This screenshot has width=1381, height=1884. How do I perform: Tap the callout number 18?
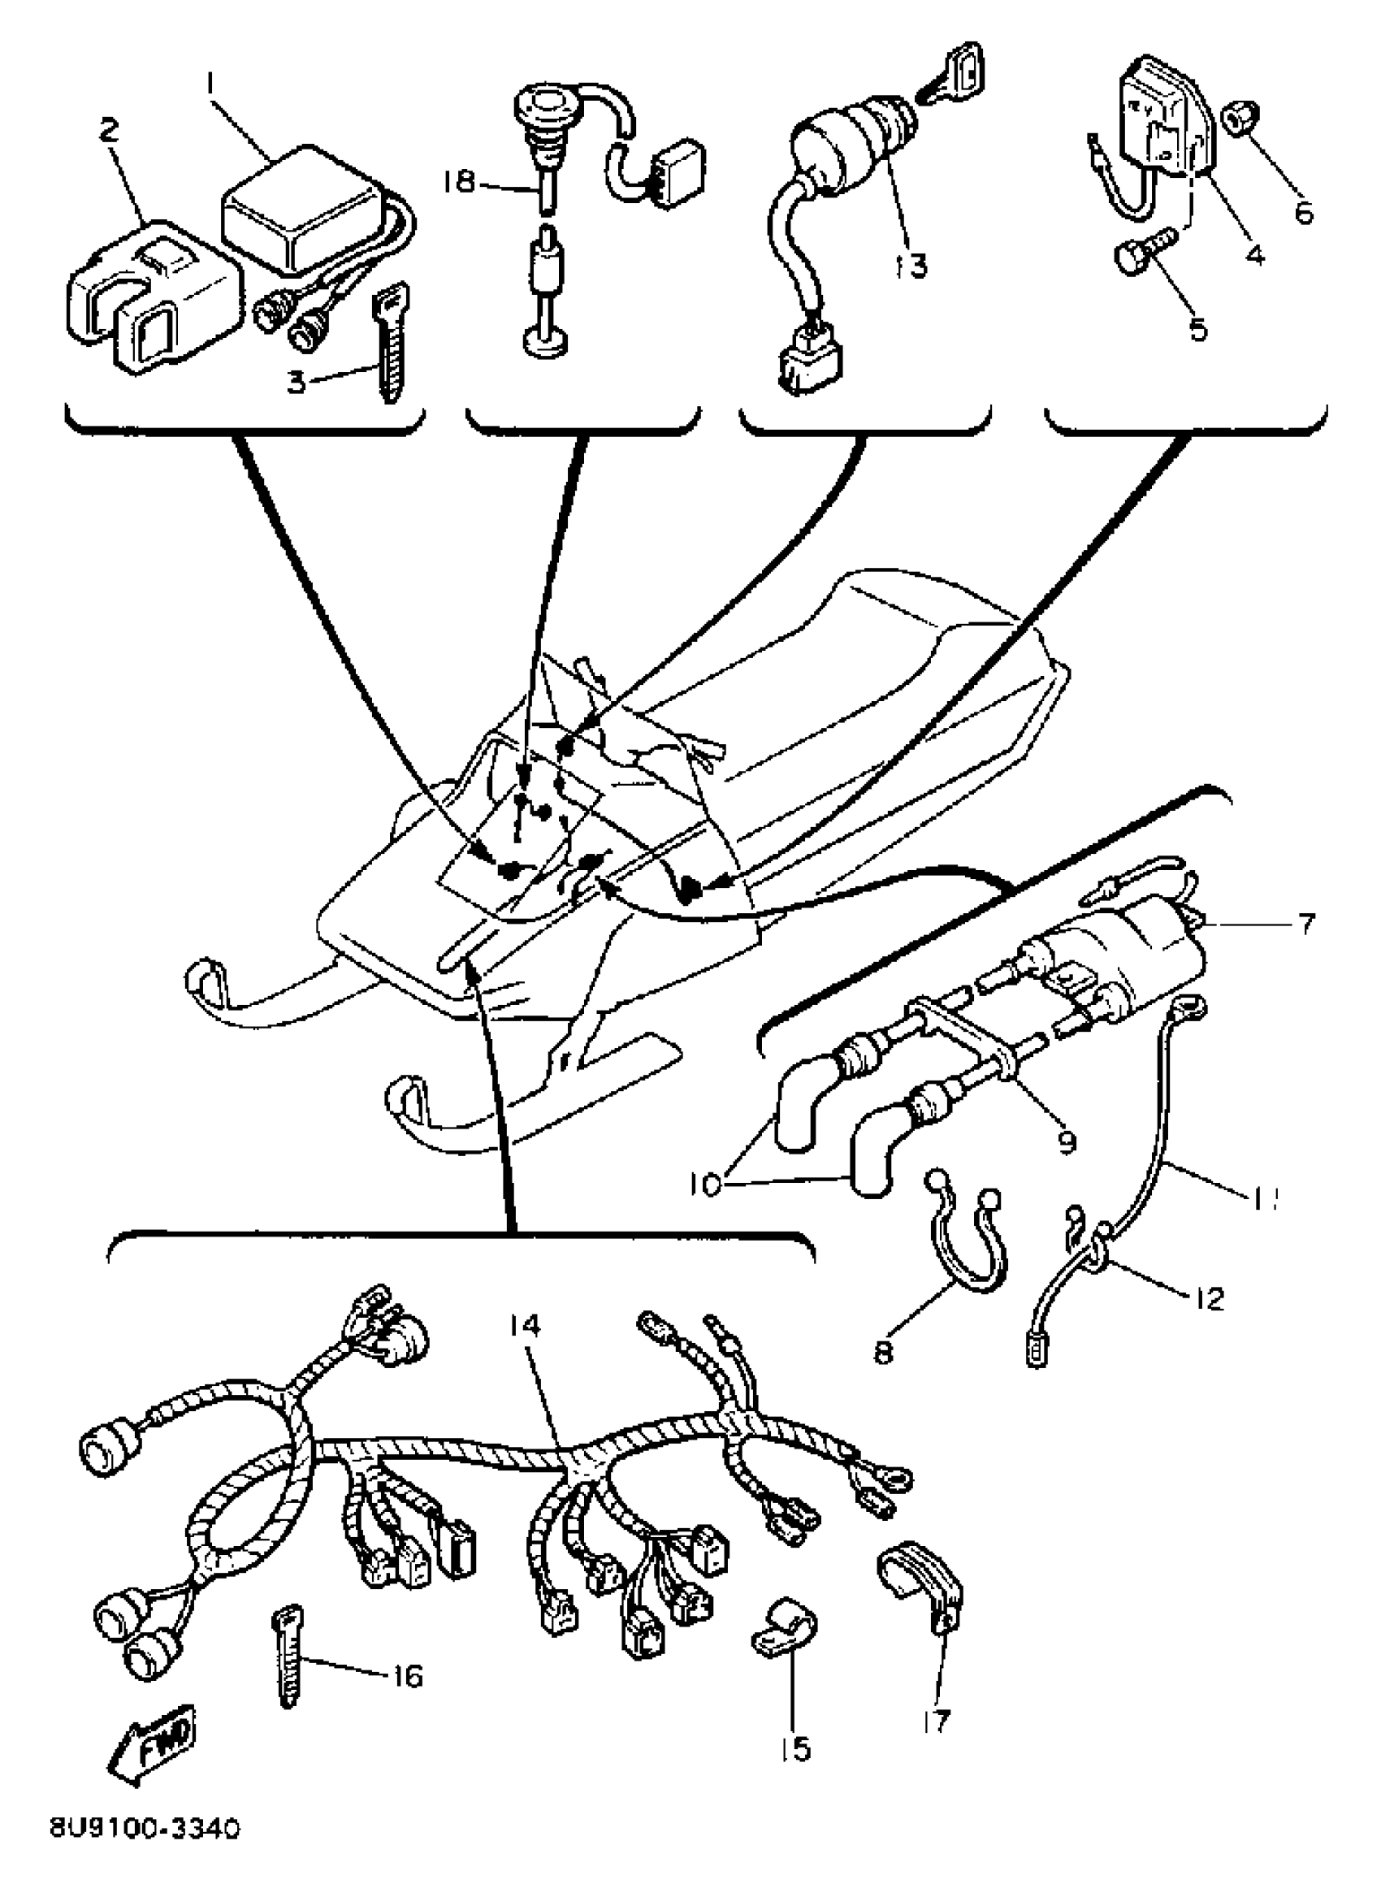459,182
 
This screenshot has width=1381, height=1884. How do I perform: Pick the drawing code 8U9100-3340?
144,1852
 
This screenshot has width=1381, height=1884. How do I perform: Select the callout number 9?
1066,1141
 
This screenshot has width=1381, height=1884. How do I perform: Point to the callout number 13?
911,266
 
